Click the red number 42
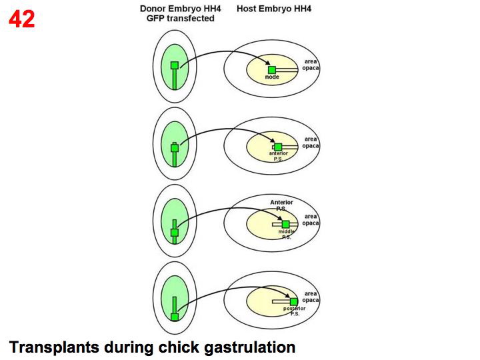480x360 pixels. click(22, 19)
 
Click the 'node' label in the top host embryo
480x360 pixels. click(272, 77)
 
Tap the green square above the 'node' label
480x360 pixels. click(272, 69)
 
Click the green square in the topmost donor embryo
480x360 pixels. click(175, 65)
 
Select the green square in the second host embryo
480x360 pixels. click(278, 147)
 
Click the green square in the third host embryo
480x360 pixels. click(285, 224)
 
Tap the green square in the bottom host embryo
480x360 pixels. click(293, 301)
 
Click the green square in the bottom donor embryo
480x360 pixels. click(175, 317)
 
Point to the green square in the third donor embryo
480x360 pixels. click(175, 233)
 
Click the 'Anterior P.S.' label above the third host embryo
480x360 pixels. click(281, 205)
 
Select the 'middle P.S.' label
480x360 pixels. click(285, 234)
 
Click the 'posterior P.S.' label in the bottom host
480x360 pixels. click(294, 311)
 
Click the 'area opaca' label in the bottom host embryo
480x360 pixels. click(311, 297)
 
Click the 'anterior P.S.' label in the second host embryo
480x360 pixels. click(278, 156)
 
